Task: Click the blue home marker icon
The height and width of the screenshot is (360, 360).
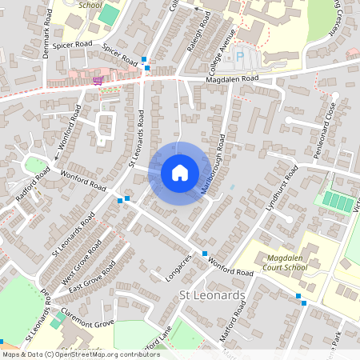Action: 180,173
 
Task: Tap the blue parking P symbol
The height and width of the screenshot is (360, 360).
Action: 239,57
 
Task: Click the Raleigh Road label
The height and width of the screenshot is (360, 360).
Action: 202,34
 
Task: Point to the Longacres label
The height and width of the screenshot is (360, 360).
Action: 180,266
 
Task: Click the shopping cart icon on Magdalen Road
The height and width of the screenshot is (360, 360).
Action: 98,80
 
